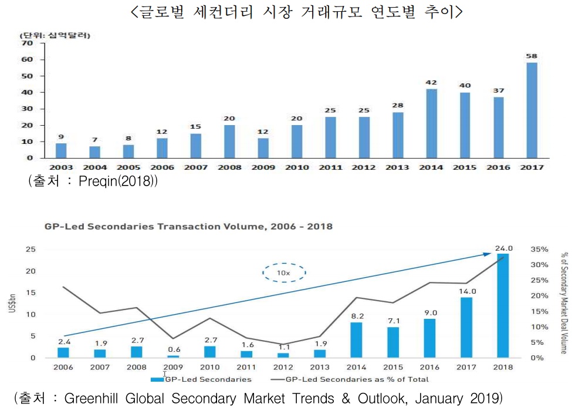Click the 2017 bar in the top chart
pyautogui.click(x=532, y=110)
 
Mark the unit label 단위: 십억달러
pyautogui.click(x=57, y=35)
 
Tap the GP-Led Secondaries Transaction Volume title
pyautogui.click(x=188, y=227)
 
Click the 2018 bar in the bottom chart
pyautogui.click(x=503, y=305)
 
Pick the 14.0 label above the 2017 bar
pyautogui.click(x=466, y=291)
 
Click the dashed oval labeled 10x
pyautogui.click(x=283, y=272)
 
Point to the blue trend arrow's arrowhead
pyautogui.click(x=488, y=254)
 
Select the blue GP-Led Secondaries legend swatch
pyautogui.click(x=158, y=379)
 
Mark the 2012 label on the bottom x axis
pyautogui.click(x=283, y=367)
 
